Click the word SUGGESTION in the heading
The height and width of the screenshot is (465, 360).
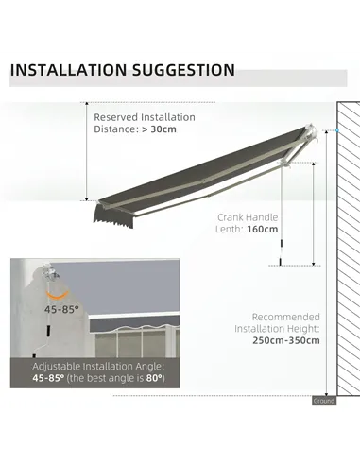pos(179,70)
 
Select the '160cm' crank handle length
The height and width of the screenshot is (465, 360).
pos(262,229)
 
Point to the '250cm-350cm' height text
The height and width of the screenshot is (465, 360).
pos(285,339)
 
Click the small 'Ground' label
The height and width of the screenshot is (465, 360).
pos(323,401)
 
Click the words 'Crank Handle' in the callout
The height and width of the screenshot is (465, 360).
pos(249,216)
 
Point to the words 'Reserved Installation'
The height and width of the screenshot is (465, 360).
pos(145,117)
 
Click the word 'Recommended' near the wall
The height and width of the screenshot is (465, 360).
pos(285,317)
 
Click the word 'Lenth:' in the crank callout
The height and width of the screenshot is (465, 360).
pos(231,229)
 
